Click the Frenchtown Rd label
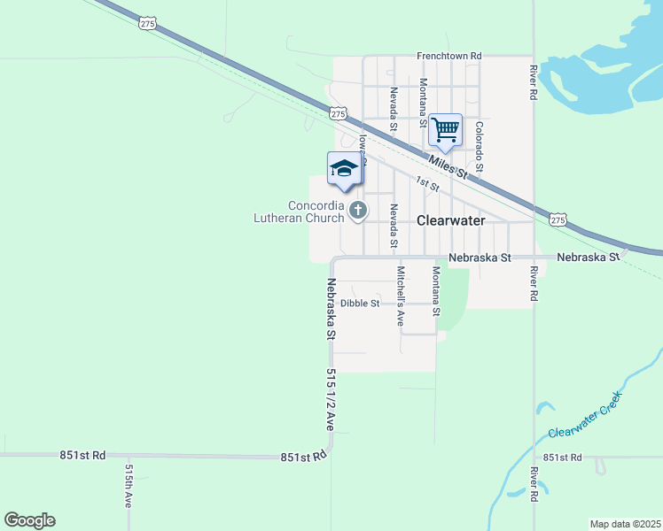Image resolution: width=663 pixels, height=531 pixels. pyautogui.click(x=449, y=56)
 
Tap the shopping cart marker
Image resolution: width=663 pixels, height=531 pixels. pyautogui.click(x=445, y=129)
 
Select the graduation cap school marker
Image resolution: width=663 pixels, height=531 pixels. pyautogui.click(x=343, y=169)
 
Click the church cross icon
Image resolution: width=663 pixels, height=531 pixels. pyautogui.click(x=358, y=210)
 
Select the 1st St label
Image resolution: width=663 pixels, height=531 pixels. pyautogui.click(x=428, y=183)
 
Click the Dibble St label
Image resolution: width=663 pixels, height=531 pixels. pyautogui.click(x=360, y=303)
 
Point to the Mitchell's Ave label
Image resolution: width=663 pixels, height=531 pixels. pyautogui.click(x=400, y=296)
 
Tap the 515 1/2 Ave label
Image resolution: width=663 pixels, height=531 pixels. pyautogui.click(x=330, y=399)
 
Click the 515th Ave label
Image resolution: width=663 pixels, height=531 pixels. pyautogui.click(x=129, y=486)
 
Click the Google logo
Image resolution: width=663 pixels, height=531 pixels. pyautogui.click(x=29, y=520)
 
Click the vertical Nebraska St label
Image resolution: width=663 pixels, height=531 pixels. pyautogui.click(x=330, y=310)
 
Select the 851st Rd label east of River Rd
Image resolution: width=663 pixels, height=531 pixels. pyautogui.click(x=562, y=458)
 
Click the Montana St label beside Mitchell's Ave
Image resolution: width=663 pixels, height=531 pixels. pyautogui.click(x=435, y=291)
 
